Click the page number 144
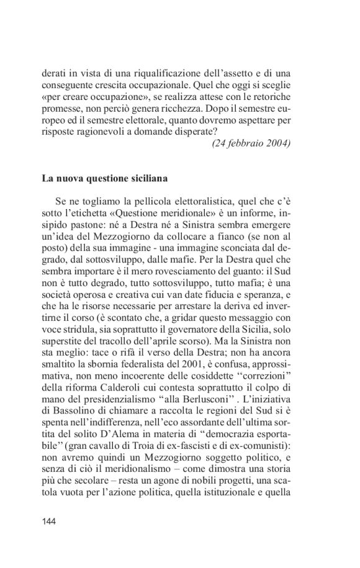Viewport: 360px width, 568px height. point(49,521)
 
